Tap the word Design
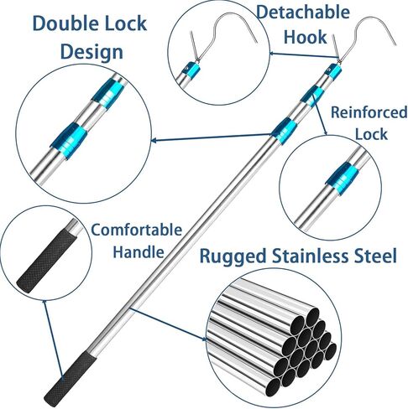pos(92,52)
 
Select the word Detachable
pos(303,13)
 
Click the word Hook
pos(305,37)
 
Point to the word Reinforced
pos(369,112)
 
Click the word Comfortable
pos(137,230)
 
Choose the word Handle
pos(139,251)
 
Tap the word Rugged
pos(233,256)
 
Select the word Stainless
pos(311,256)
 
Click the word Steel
pos(375,256)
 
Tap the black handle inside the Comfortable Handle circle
pos(46,261)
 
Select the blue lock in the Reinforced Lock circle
pos(342,178)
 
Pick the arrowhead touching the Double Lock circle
pos(154,140)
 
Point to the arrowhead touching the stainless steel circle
pos(204,339)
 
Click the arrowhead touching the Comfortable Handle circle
pos(44,304)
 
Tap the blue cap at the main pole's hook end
pos(334,71)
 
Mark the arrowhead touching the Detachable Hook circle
pos(273,53)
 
